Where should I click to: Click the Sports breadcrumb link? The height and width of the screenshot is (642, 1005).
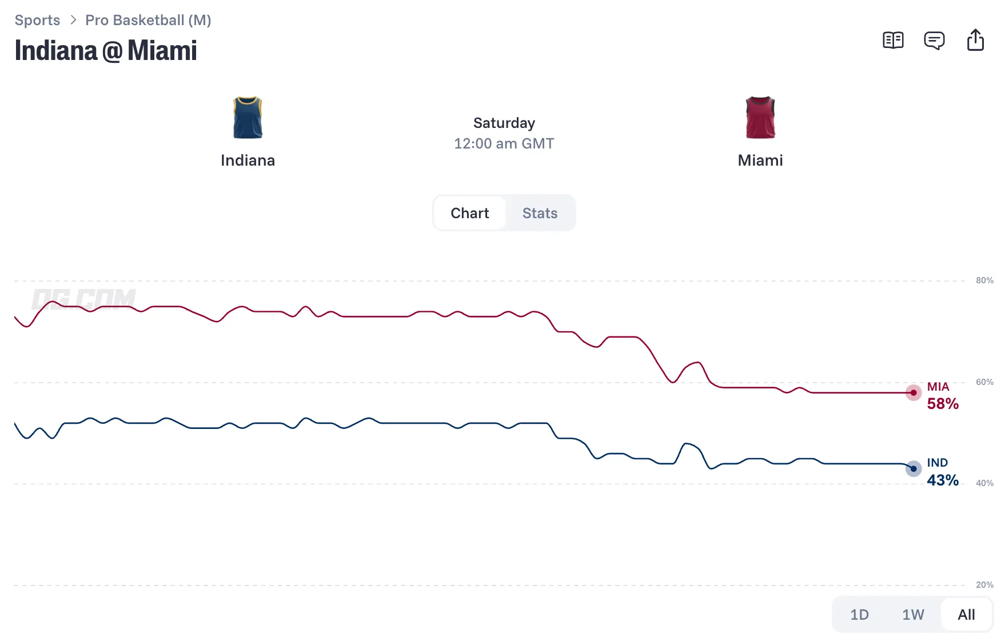pyautogui.click(x=37, y=21)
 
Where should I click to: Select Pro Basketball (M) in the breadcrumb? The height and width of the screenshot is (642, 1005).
pyautogui.click(x=148, y=21)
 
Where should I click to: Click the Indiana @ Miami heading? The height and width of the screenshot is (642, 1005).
pyautogui.click(x=106, y=50)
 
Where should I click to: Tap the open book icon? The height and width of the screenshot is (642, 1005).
pyautogui.click(x=893, y=41)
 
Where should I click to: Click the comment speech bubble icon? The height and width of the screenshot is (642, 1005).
pyautogui.click(x=934, y=41)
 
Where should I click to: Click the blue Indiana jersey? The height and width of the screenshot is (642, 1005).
pyautogui.click(x=248, y=118)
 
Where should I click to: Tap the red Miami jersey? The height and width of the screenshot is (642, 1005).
pyautogui.click(x=760, y=118)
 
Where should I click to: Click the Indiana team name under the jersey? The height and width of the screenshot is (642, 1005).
pyautogui.click(x=248, y=160)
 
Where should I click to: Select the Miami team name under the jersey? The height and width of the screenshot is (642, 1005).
pyautogui.click(x=760, y=160)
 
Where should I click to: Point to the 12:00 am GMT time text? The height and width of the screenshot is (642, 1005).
pyautogui.click(x=504, y=143)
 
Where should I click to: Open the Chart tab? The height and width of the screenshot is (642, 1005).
pyautogui.click(x=470, y=213)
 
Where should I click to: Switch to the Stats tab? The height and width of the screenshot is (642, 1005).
pyautogui.click(x=540, y=213)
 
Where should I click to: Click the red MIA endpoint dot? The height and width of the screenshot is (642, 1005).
pyautogui.click(x=914, y=393)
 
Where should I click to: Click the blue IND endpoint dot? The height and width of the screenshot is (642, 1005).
pyautogui.click(x=914, y=469)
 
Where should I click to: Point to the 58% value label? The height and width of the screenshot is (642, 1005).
pyautogui.click(x=943, y=404)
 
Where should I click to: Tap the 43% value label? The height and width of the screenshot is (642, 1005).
pyautogui.click(x=943, y=480)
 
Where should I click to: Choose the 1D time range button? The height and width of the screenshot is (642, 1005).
pyautogui.click(x=859, y=615)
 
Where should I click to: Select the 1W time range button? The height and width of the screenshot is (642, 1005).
pyautogui.click(x=913, y=615)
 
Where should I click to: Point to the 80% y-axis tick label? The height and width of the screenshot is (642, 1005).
pyautogui.click(x=984, y=280)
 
